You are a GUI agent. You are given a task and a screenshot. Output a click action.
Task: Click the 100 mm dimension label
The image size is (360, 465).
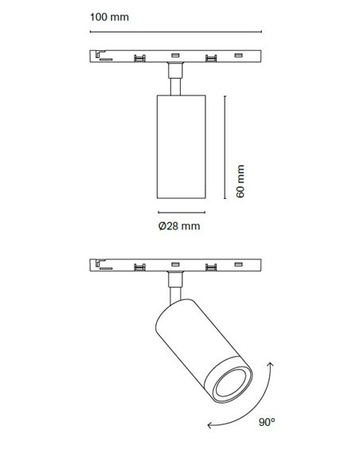[x=109, y=17]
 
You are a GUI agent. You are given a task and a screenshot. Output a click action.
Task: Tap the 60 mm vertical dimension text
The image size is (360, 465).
[x=241, y=181]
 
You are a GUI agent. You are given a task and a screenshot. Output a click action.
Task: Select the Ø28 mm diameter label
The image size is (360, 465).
[x=179, y=226]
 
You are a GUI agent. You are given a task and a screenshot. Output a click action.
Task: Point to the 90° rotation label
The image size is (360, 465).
[x=267, y=422]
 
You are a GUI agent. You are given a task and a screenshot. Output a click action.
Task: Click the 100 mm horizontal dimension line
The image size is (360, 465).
[x=176, y=31]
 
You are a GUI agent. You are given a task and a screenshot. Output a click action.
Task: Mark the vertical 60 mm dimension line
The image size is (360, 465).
[x=225, y=147]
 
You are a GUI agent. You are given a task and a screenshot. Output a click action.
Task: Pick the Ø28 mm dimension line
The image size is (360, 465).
[x=182, y=213]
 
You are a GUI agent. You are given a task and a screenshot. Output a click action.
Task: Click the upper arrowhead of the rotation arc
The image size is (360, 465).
[x=271, y=365]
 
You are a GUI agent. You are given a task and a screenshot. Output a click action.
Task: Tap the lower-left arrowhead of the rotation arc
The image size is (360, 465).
[x=210, y=425]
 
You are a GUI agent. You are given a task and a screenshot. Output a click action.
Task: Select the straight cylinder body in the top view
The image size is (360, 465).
[x=181, y=147]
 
